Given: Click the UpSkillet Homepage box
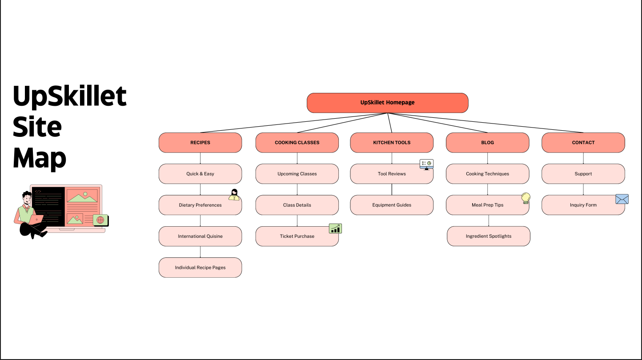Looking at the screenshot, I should pos(387,103).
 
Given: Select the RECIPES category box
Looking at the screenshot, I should pos(200,143).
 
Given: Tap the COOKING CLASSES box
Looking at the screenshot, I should pos(297,143).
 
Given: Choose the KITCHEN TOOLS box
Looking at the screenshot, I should pos(392,143).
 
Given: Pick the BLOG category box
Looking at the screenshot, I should pos(487,143).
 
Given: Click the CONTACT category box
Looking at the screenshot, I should pos(583,143).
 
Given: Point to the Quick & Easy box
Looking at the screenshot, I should pos(200,174).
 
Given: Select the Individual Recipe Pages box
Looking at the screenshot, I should pos(200,268).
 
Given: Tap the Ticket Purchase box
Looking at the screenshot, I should pos(297,236).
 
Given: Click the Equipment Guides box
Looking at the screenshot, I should pos(392,205).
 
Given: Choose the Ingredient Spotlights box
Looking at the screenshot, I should pos(488,236).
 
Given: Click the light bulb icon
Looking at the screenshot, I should pos(526,198).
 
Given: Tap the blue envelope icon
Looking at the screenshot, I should pos(622,199).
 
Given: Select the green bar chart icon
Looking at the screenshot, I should pos(335,228).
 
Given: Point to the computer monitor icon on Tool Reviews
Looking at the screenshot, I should pos(426,164).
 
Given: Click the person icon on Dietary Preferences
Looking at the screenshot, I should pos(234,195).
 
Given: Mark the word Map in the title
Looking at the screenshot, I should pos(40,158).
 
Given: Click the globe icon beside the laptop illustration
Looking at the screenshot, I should pos(100,220).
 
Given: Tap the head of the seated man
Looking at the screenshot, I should pos(27,197).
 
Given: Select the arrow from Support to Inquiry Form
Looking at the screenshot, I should pos(583,189).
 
